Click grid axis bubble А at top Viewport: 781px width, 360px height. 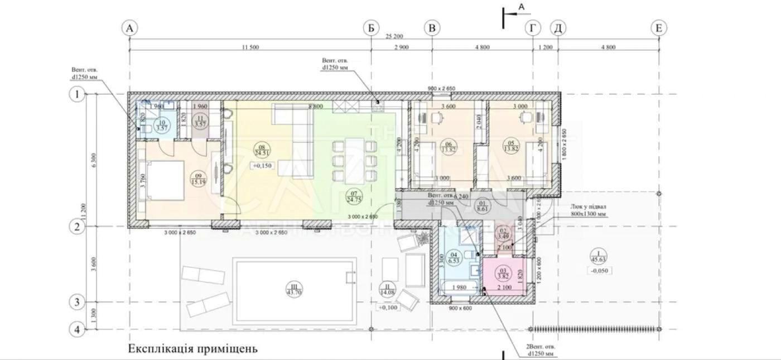130,28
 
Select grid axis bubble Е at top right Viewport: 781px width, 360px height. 659,28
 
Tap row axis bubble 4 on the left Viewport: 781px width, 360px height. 76,330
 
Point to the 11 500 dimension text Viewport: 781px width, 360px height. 250,47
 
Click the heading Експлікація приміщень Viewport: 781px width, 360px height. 193,349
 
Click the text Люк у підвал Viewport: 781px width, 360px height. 589,207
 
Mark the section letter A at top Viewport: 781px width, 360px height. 522,7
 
